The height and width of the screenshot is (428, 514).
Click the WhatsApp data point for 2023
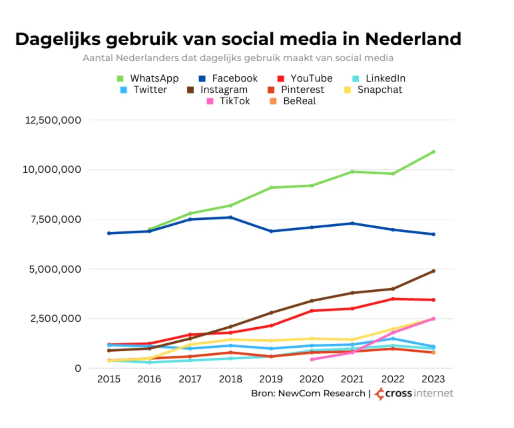click(x=433, y=152)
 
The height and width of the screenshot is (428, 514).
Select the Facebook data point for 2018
click(x=231, y=217)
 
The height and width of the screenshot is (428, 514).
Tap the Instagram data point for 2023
click(x=433, y=271)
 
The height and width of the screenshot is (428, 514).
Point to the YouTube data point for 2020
click(x=312, y=311)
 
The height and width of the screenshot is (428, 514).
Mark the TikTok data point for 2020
click(x=312, y=359)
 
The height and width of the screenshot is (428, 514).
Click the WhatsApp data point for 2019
click(x=271, y=188)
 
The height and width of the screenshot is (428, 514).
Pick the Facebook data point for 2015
click(x=109, y=233)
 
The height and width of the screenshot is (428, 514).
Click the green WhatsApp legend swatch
click(x=120, y=79)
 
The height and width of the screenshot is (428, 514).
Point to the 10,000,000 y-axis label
click(x=52, y=169)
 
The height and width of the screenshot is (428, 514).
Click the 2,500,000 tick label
click(x=56, y=318)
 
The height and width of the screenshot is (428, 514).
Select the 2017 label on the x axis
click(x=190, y=379)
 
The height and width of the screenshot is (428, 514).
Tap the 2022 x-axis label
click(x=393, y=379)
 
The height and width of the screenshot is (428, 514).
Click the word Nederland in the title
click(x=413, y=39)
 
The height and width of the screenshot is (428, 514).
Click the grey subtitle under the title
click(x=238, y=58)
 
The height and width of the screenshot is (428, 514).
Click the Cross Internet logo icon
click(x=379, y=394)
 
